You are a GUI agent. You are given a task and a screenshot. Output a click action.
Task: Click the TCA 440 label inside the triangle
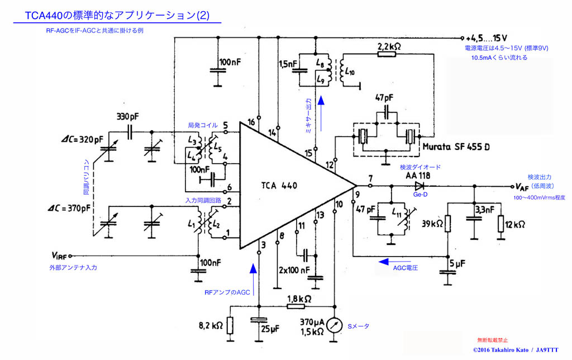coord(279,186)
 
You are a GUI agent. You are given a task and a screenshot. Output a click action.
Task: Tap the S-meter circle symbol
coord(334,324)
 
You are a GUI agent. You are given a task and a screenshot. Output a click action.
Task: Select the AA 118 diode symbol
coord(418,187)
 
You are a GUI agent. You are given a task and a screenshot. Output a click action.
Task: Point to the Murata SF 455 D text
coord(457,147)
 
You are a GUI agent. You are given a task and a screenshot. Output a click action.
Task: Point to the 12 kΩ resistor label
coord(515,224)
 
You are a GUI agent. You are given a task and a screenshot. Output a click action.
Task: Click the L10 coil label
coord(350,72)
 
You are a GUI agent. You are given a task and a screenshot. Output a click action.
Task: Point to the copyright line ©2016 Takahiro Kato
coord(515,349)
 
